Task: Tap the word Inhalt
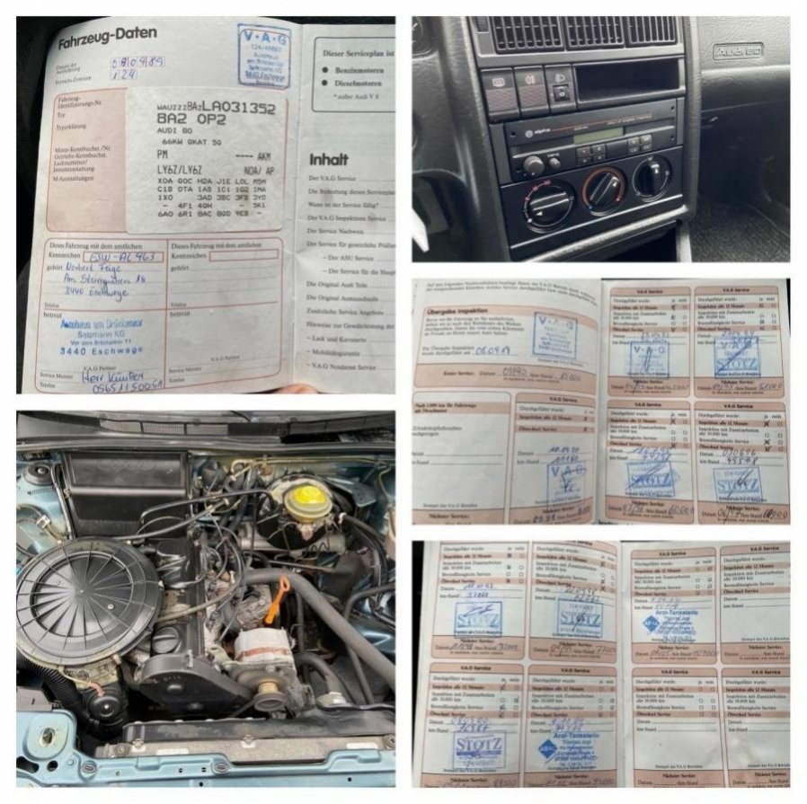pyautogui.click(x=329, y=159)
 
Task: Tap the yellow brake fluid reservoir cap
pyautogui.click(x=305, y=495)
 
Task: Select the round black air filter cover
pyautogui.click(x=89, y=599)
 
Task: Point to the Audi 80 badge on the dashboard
pyautogui.click(x=738, y=50)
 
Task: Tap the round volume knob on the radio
pyautogui.click(x=534, y=165)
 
